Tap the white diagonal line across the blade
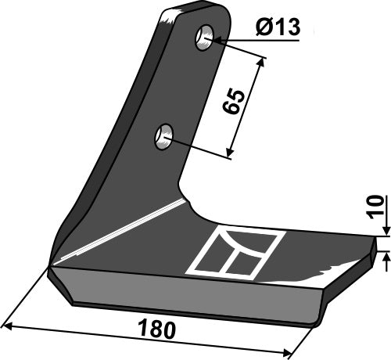click(x=125, y=231)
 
